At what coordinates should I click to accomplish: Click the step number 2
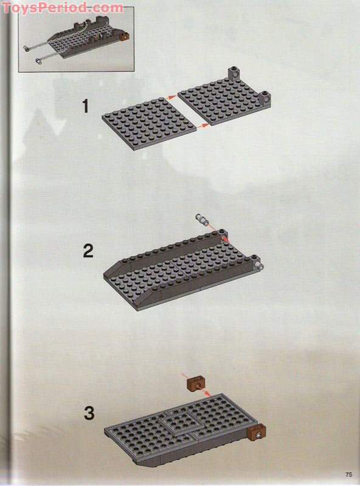tap(88, 250)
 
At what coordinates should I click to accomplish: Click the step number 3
tap(89, 414)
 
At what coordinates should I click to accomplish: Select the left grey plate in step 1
tap(149, 119)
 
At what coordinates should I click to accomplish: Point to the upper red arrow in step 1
tap(173, 95)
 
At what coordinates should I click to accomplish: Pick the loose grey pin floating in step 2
tap(202, 218)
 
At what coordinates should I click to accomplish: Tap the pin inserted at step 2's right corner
tap(260, 265)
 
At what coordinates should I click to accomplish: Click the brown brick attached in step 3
tap(257, 435)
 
